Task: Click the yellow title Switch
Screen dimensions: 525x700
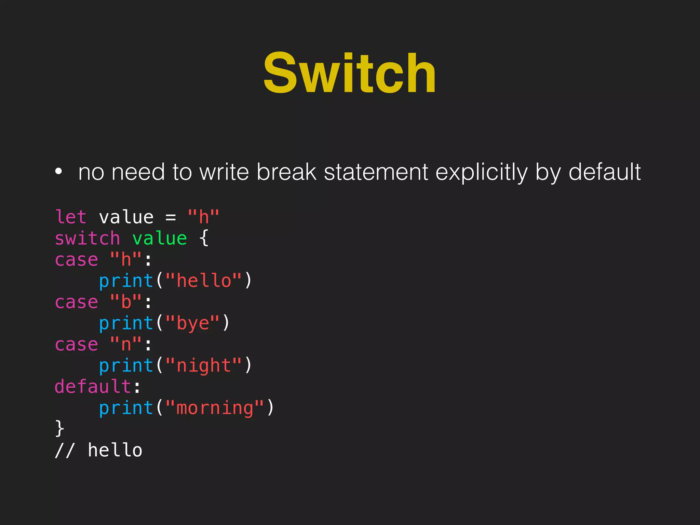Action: point(349,73)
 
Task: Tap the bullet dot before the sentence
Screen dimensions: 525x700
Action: point(58,172)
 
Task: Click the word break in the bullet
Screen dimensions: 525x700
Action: point(286,172)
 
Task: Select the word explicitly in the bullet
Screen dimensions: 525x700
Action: point(481,172)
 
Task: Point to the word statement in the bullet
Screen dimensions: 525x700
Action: point(376,172)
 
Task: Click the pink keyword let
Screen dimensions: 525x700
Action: point(71,217)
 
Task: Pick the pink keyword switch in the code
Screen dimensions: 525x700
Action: point(87,238)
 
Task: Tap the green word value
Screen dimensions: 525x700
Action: point(160,238)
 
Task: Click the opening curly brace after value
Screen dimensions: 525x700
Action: point(204,238)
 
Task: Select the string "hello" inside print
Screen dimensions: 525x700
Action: point(204,281)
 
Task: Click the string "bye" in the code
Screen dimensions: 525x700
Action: point(193,323)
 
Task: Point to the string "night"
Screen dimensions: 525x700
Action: point(204,366)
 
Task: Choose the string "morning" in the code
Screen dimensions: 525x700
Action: point(215,408)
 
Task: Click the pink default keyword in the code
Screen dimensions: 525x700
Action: point(93,387)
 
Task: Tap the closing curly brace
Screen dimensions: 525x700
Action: point(59,429)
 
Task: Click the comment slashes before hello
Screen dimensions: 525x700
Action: point(65,450)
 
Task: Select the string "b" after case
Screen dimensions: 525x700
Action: point(126,302)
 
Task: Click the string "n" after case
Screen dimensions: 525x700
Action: point(126,344)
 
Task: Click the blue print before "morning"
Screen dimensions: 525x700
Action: point(126,408)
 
